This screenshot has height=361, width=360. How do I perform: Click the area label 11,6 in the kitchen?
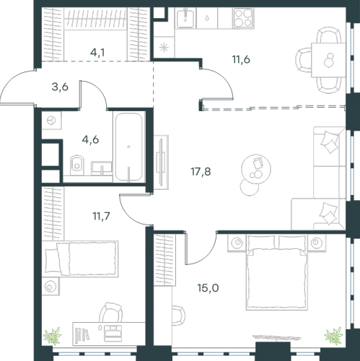coord(241,59)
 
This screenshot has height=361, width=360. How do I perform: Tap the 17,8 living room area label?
coord(201,172)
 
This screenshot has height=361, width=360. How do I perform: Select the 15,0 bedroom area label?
coord(208,287)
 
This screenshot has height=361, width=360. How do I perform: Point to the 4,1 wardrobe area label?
coord(97,52)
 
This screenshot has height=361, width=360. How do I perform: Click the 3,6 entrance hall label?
coord(60,87)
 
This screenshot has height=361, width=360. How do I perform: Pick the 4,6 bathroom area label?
coord(90,139)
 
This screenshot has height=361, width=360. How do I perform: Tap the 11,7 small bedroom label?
coord(101,216)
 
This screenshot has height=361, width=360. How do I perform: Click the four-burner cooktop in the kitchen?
coord(243,18)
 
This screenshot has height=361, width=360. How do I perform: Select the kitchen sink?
coord(185,17)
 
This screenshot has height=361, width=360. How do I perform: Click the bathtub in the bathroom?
coord(128,147)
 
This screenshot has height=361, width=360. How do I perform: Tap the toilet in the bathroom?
coord(77,165)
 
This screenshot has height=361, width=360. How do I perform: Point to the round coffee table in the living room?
coord(256,168)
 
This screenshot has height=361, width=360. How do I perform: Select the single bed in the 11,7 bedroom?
coord(82,258)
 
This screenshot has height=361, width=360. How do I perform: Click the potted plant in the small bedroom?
coord(52,335)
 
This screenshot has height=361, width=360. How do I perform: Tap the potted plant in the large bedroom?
coord(333,335)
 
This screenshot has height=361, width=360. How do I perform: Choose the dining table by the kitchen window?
coord(328,60)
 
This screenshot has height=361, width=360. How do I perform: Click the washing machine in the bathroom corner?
coord(52,121)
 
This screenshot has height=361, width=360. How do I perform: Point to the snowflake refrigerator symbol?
coord(164,47)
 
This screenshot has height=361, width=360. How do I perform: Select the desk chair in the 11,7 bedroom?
coord(110,312)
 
